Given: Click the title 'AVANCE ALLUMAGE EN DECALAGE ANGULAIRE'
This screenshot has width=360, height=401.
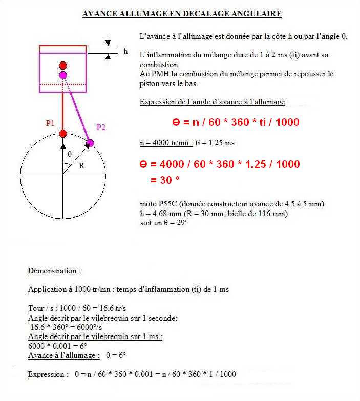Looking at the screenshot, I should [x=182, y=14].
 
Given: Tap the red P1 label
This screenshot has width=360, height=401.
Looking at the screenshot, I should [x=50, y=123].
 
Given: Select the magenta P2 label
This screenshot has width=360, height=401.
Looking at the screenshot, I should [x=101, y=128].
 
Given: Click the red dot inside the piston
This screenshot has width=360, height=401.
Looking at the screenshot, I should [x=63, y=66].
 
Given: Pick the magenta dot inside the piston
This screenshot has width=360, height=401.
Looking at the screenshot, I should [x=63, y=75].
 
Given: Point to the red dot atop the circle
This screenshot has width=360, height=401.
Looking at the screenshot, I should [x=63, y=134].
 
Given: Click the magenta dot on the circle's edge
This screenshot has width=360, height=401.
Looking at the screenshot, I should [x=90, y=142].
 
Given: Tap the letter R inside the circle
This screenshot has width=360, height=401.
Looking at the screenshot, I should [x=82, y=165].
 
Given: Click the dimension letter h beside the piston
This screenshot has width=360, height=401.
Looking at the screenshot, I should [x=125, y=51].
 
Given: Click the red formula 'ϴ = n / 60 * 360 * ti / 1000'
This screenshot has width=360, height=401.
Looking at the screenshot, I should [x=235, y=123].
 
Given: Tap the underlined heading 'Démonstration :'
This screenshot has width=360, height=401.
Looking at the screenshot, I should [x=54, y=271].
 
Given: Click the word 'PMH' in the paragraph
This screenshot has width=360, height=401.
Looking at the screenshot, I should [x=158, y=74].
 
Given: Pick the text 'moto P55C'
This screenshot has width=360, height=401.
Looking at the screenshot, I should [x=158, y=204].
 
